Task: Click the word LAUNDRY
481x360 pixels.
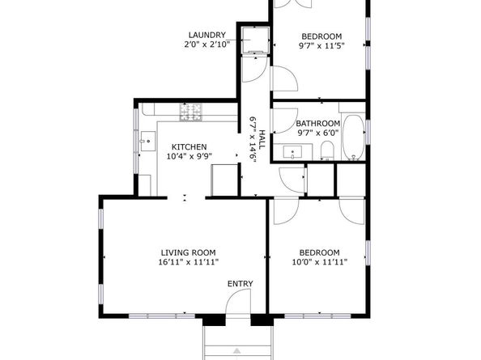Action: tap(206, 35)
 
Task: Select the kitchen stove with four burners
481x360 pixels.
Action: tap(191, 116)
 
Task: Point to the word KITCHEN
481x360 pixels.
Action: tap(183, 146)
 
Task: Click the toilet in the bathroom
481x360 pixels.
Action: tap(327, 150)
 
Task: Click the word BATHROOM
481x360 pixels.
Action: tap(318, 124)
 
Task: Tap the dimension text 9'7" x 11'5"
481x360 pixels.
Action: tap(321, 47)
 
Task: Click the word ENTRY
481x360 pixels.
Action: tap(240, 283)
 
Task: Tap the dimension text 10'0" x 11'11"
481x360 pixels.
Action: tap(319, 262)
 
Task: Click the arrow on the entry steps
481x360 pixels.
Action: tap(237, 352)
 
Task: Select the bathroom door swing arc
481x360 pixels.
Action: tap(283, 121)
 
